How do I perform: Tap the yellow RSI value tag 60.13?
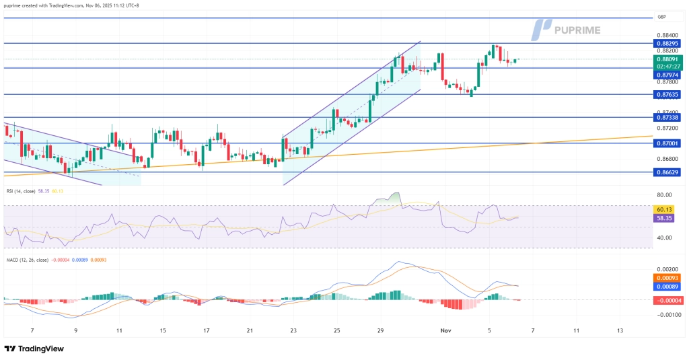point(665,209)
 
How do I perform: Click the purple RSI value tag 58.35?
point(665,219)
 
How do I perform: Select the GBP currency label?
point(663,17)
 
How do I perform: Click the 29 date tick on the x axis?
point(380,331)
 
